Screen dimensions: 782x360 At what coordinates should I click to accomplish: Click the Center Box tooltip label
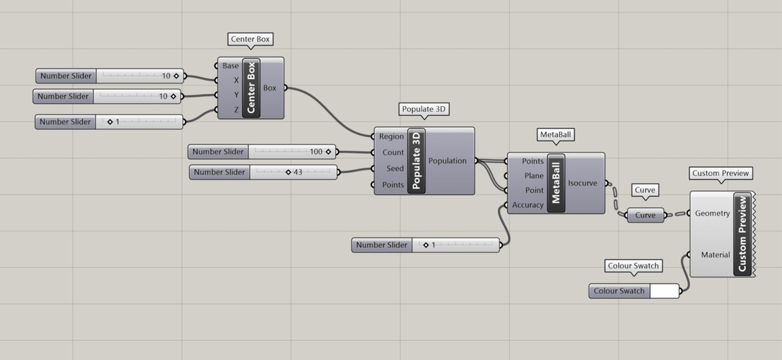coord(250,39)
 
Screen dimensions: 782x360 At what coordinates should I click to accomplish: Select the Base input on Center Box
coord(231,66)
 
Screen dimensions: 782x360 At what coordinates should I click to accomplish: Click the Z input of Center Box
coord(237,110)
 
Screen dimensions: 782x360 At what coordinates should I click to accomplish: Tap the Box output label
coord(270,88)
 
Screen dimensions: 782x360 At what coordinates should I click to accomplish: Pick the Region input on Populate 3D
coord(392,137)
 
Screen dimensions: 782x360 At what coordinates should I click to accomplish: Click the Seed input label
coord(395,168)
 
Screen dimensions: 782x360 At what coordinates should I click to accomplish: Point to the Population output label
coord(447,161)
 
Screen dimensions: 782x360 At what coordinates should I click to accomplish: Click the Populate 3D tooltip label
coord(424,109)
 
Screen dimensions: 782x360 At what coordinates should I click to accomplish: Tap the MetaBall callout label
coord(555,134)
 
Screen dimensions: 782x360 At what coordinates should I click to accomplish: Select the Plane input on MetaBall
coord(534,176)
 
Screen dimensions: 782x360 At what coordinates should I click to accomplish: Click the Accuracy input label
coord(527,205)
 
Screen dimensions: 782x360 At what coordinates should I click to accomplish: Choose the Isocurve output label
coord(583,183)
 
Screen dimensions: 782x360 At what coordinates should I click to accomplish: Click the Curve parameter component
coord(645,215)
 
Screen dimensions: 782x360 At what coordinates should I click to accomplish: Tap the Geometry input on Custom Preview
coord(712,213)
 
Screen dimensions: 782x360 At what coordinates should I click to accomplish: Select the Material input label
coord(716,255)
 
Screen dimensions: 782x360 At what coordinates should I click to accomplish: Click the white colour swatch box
coord(665,291)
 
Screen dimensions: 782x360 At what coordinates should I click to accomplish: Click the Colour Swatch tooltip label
coord(633,266)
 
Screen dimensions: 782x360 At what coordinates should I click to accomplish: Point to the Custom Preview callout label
coord(721,173)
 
